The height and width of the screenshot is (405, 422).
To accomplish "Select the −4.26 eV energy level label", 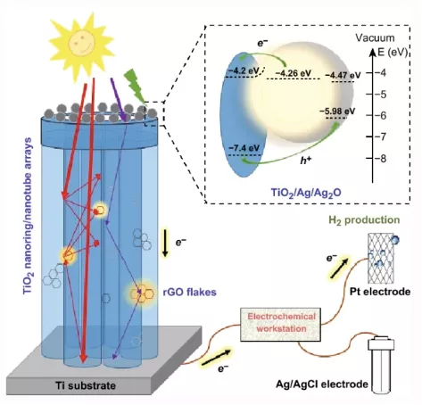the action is click(294, 73).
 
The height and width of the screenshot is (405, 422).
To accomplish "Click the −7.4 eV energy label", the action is click(244, 148).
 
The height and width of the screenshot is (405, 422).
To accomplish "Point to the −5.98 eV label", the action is click(337, 112).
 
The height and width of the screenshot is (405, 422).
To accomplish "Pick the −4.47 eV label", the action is click(343, 75).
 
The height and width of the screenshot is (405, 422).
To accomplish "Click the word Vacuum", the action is click(375, 38).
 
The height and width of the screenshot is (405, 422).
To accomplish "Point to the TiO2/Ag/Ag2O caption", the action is click(306, 193).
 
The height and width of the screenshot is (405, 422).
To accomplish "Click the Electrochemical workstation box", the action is click(281, 325).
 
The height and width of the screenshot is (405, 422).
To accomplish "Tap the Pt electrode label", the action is click(380, 292).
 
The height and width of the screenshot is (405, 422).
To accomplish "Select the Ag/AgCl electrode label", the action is click(322, 384).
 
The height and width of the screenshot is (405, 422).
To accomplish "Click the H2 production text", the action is click(364, 220).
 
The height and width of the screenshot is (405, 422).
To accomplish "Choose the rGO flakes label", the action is click(190, 292).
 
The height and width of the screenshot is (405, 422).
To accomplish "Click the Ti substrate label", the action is click(86, 385).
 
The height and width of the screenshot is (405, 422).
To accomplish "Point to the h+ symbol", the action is click(305, 161).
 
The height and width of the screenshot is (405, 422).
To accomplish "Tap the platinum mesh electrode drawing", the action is click(382, 259).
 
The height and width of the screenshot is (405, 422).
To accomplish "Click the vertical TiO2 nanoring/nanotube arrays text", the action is click(28, 216).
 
